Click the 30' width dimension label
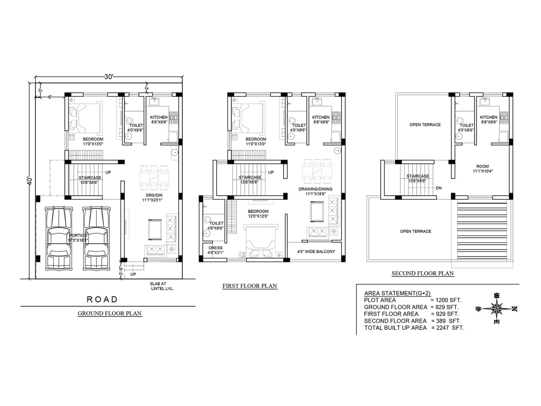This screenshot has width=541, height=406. pos(109,77)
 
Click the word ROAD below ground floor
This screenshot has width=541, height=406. pos(102,299)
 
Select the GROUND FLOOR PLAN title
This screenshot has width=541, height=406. pos(110,313)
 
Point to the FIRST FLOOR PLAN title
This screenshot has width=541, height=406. pos(250,286)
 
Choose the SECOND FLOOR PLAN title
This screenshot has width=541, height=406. pos(422,273)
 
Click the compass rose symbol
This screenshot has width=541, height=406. pos(496,309)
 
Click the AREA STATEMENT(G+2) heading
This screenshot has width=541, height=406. pos(397,293)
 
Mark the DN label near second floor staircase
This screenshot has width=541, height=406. pos(439,188)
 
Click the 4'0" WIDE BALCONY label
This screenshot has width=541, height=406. pos(316,252)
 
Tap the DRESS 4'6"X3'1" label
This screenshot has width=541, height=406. pos(215,250)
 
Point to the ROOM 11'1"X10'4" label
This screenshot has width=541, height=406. pos(483,168)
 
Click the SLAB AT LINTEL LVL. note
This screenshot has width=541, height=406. pos(161,286)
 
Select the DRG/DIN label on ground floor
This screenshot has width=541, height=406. pos(154,198)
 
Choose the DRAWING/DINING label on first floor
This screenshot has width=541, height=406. pos(315,191)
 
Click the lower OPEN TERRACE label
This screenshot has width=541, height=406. pos(415,231)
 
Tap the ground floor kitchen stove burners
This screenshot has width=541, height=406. pos(173,118)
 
